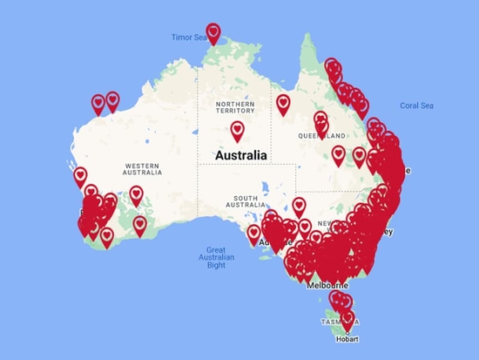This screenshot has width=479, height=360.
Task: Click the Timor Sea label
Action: coord(188,37)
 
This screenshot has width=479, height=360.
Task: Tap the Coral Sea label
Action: coord(416,105)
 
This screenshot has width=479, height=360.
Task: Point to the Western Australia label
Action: coord(144,167)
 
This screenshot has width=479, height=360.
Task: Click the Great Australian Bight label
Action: coord(216,256)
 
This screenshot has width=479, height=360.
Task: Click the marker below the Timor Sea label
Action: coord(213,33)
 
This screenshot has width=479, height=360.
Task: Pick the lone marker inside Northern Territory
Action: coord(237,132)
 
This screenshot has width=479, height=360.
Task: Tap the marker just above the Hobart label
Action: coord(348,320)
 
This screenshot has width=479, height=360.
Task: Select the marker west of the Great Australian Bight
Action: coord(140,226)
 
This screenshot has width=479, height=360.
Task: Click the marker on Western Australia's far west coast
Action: coord(80,177)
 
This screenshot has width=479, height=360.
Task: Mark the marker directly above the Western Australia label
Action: coord(136,196)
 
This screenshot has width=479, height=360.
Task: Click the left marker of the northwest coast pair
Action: coord(98,103)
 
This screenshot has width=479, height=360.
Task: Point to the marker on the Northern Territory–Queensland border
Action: coord(283,104)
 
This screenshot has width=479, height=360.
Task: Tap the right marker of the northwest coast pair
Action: coord(112,101)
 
